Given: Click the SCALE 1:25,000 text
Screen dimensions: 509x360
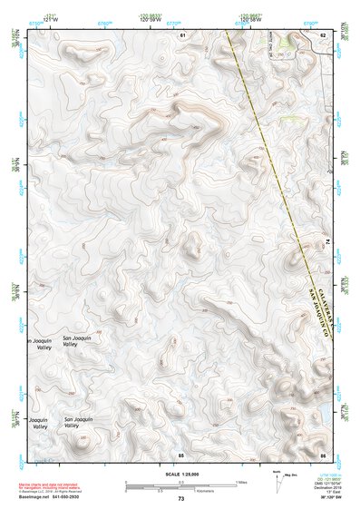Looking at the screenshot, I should click(180, 475).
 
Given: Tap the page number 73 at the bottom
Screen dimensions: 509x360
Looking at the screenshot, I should click(180, 499).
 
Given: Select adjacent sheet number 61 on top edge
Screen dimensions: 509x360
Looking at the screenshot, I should click(182, 34).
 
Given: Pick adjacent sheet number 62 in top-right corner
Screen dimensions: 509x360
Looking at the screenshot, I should click(323, 34).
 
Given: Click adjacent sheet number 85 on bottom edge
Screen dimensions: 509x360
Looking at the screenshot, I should click(181, 454).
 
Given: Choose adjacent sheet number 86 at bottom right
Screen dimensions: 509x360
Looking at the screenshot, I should click(323, 454).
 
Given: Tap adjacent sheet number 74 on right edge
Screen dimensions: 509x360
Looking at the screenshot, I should click(327, 240).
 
